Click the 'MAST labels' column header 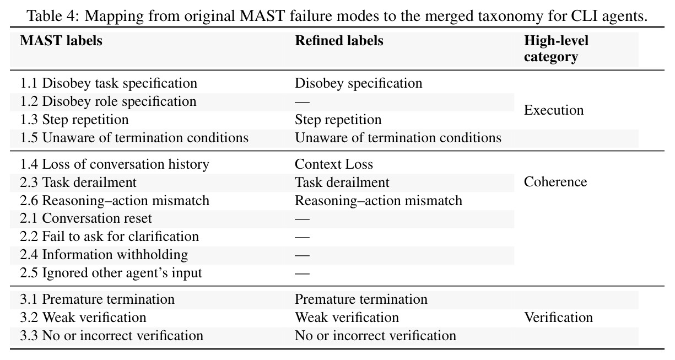[x=61, y=41]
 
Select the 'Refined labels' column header [x=339, y=41]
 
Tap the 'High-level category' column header [x=556, y=49]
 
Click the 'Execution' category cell [x=554, y=110]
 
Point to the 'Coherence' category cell [x=555, y=182]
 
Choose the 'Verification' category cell [x=558, y=317]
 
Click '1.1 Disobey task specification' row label [x=109, y=83]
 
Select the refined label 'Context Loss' [x=334, y=164]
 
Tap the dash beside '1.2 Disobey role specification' [x=302, y=102]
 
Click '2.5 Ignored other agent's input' [x=111, y=273]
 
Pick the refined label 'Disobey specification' [x=359, y=83]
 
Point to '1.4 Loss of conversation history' [x=115, y=164]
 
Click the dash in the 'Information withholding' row [x=302, y=255]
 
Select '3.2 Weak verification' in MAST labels [x=83, y=318]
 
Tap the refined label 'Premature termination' [x=361, y=299]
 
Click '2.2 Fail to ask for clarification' [x=110, y=237]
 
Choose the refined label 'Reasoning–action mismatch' [x=379, y=201]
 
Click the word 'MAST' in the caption [x=262, y=15]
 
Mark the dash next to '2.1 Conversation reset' [x=302, y=219]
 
